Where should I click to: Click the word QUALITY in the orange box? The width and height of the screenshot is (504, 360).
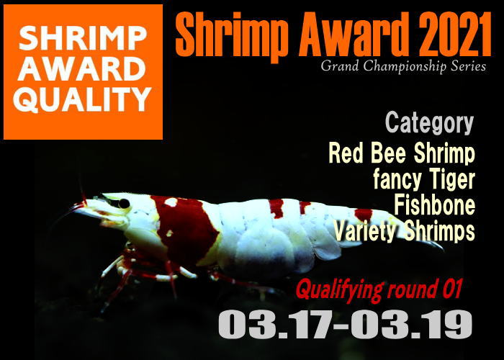pyautogui.click(x=82, y=99)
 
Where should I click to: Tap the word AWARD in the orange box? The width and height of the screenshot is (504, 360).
pyautogui.click(x=81, y=69)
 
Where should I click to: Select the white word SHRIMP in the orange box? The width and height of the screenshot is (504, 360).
pyautogui.click(x=83, y=38)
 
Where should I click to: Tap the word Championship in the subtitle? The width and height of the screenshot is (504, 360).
pyautogui.click(x=405, y=67)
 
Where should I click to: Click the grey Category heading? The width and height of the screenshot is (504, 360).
pyautogui.click(x=429, y=123)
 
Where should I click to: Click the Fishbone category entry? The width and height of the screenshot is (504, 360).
pyautogui.click(x=435, y=205)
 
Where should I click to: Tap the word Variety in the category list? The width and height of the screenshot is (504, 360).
pyautogui.click(x=364, y=231)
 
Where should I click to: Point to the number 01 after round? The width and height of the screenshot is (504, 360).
pyautogui.click(x=452, y=288)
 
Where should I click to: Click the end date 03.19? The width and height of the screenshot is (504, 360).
pyautogui.click(x=411, y=324)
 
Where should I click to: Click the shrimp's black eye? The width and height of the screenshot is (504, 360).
pyautogui.click(x=124, y=204)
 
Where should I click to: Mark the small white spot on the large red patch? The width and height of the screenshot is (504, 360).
pyautogui.click(x=171, y=202)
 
